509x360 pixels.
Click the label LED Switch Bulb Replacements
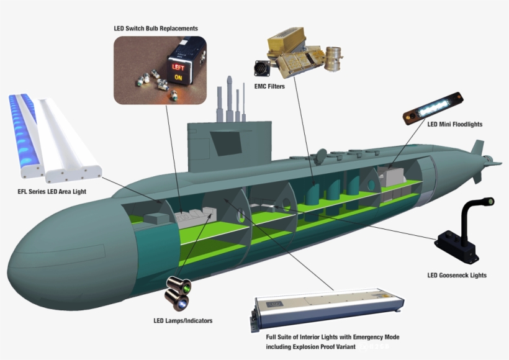click(x=156, y=29)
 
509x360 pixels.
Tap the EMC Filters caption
click(x=269, y=86)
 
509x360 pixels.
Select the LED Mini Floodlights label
click(x=454, y=124)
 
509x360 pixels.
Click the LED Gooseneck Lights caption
click(x=457, y=275)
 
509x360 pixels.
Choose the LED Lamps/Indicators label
click(x=183, y=321)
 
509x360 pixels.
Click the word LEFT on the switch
click(x=178, y=66)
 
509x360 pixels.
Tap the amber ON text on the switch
click(x=178, y=78)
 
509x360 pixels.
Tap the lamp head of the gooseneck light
click(x=489, y=202)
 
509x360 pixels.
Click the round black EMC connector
click(x=261, y=68)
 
